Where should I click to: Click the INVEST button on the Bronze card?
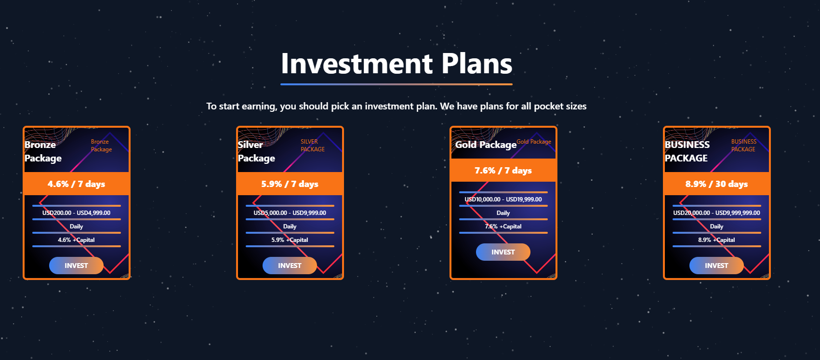tap(76, 266)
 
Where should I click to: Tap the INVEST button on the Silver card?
tap(290, 266)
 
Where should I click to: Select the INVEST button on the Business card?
tap(716, 266)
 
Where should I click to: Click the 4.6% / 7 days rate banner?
tap(77, 184)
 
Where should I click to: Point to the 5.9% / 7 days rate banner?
tap(290, 184)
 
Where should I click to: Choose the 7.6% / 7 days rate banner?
tap(503, 170)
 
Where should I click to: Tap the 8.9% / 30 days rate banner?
tap(717, 184)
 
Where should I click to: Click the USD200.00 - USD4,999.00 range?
tap(76, 213)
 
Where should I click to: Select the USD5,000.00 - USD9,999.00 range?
tap(290, 213)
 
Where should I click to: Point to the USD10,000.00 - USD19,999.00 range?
tap(503, 199)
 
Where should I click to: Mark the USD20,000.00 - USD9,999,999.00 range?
tap(716, 213)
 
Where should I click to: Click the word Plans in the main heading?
tap(476, 64)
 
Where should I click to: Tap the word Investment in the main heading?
tap(357, 64)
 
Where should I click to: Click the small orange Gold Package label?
tap(534, 142)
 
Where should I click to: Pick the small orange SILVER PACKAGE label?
tap(313, 146)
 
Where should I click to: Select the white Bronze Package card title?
tap(43, 151)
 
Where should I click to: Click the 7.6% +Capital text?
tap(503, 227)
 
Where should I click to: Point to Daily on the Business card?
tap(716, 227)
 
